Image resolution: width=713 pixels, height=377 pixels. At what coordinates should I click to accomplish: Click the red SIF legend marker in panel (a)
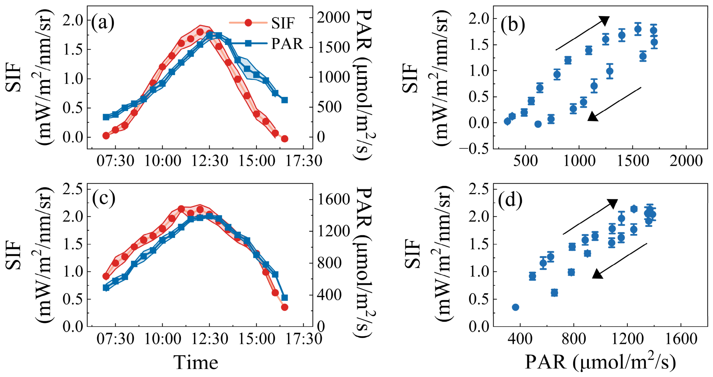248,22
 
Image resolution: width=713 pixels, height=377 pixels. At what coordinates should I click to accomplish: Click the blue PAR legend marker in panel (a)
248,43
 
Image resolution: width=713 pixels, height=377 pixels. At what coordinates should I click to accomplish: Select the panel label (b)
513,24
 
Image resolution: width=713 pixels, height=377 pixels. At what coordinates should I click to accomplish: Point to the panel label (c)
103,198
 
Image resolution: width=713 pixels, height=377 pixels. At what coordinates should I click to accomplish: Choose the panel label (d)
510,200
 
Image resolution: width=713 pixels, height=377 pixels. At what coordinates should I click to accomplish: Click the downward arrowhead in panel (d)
597,274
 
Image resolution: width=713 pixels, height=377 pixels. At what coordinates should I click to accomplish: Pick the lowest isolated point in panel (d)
515,307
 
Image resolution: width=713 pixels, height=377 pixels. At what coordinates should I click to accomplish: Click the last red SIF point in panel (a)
285,139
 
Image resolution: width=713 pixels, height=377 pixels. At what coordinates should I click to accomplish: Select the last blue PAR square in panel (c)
285,298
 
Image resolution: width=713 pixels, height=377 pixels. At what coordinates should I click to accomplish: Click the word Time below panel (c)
196,363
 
